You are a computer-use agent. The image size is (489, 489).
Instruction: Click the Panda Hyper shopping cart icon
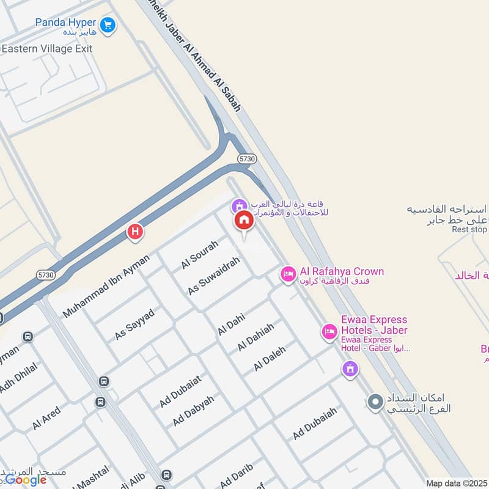tap(108, 25)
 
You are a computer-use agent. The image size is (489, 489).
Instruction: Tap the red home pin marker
tap(243, 221)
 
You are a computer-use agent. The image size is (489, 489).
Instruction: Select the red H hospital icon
tap(134, 232)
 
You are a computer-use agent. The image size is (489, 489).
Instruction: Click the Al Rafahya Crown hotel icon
tap(288, 274)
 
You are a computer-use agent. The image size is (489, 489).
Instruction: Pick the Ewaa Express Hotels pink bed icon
tap(329, 332)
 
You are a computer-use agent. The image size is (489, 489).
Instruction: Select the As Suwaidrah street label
tap(213, 276)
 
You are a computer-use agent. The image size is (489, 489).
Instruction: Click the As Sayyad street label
tap(134, 325)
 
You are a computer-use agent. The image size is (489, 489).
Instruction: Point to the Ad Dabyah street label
tap(193, 411)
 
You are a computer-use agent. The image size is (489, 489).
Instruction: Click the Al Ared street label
tap(46, 418)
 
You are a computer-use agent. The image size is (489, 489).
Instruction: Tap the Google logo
tap(25, 479)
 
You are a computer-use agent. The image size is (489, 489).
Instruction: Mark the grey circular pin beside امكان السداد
tap(375, 402)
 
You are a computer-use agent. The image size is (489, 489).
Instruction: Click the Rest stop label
tap(469, 230)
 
